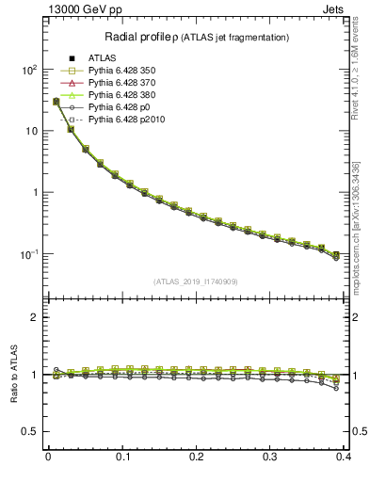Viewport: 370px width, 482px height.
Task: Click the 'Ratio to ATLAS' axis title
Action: [x=13, y=371]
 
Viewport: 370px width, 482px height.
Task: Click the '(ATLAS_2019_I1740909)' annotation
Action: [x=197, y=281]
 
